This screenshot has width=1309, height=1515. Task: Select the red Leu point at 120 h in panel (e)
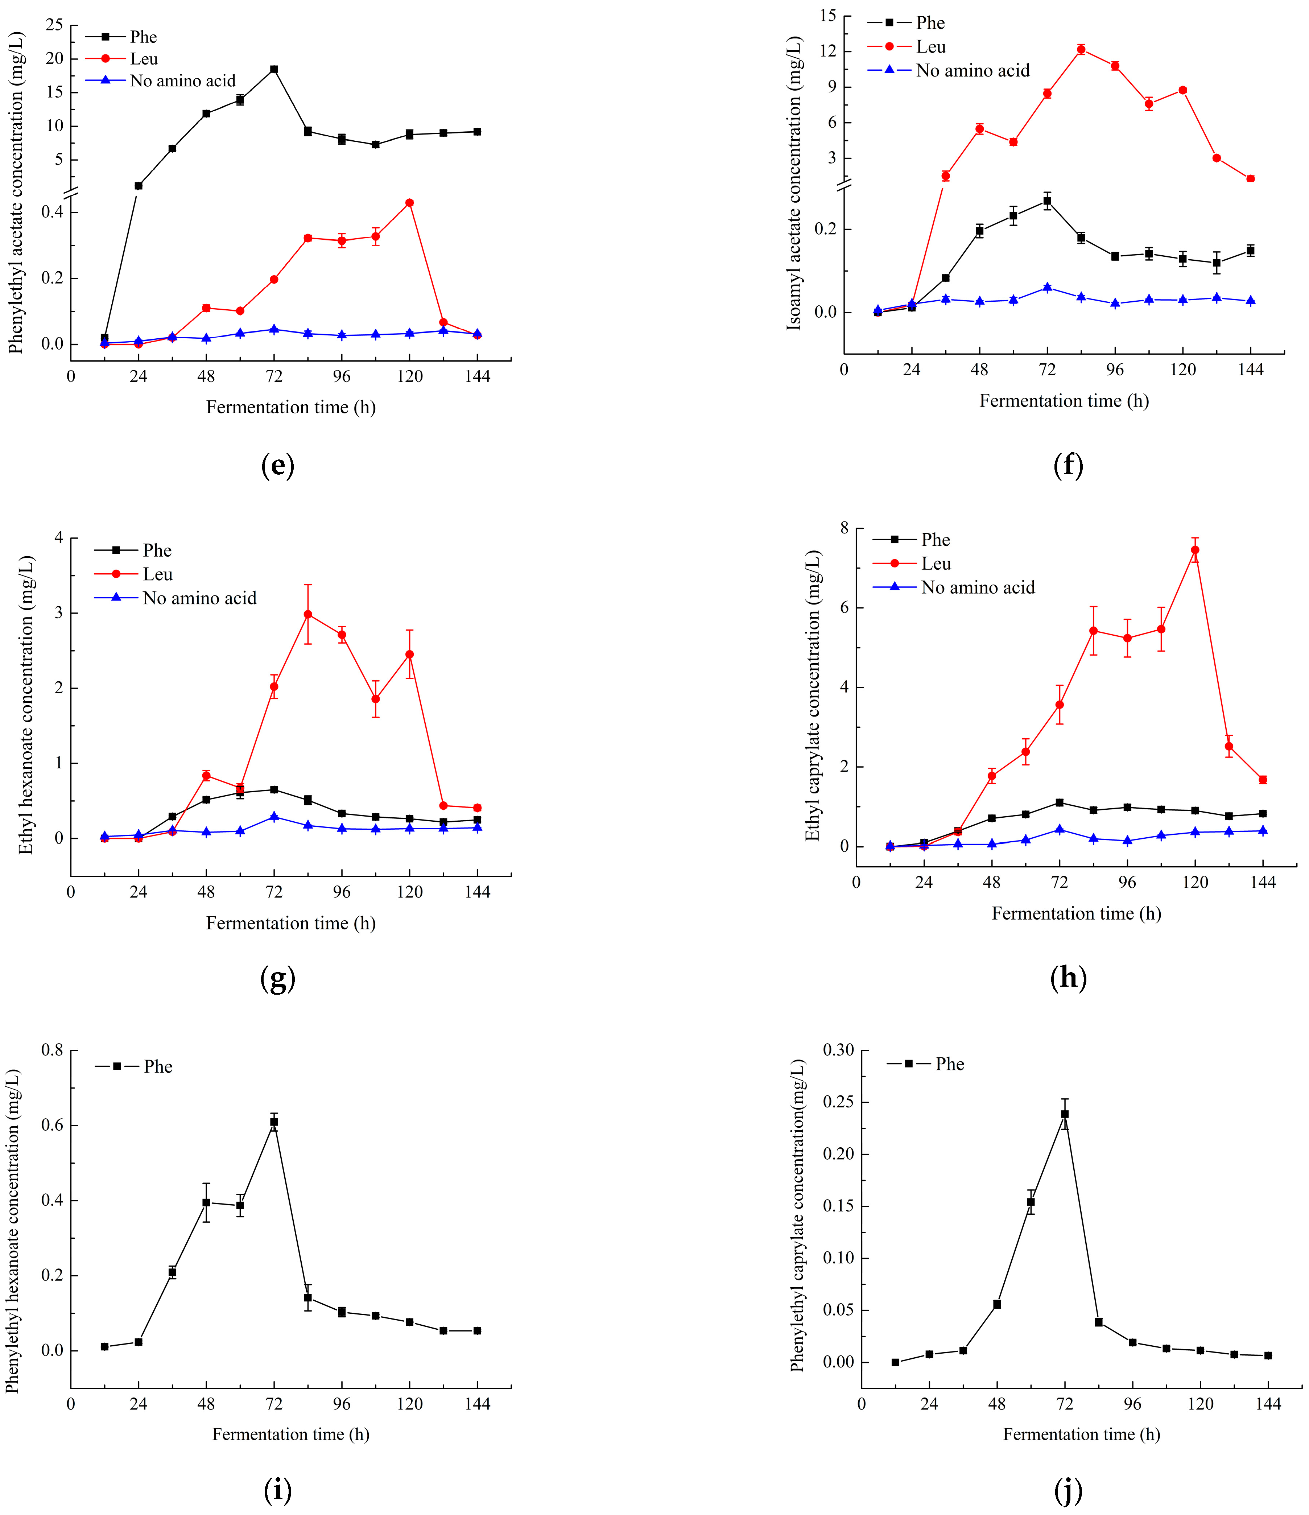409,203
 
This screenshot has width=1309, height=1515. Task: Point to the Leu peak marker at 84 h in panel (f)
1081,50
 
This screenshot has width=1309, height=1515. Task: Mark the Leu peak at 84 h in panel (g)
308,614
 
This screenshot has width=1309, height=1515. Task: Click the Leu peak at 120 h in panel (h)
1195,550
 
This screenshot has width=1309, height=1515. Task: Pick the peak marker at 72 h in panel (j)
1065,1114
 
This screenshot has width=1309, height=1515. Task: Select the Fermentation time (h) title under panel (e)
290,407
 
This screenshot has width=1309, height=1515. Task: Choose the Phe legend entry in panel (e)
143,37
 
